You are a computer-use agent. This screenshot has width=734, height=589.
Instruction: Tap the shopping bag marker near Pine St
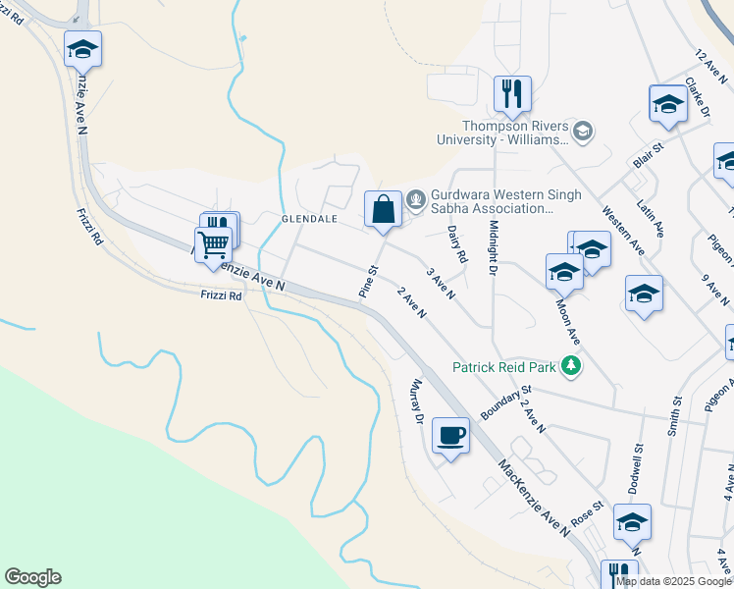[x=383, y=209]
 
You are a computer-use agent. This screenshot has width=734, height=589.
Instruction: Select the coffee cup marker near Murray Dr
[x=450, y=435]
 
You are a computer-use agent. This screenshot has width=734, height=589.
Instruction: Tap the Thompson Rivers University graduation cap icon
[x=583, y=131]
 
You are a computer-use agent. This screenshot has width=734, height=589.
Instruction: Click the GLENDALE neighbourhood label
[x=309, y=218]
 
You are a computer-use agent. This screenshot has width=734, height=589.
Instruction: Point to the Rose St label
[x=585, y=510]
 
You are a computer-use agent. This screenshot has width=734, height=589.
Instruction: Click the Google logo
[x=32, y=577]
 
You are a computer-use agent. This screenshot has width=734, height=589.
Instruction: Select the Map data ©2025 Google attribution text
[x=674, y=581]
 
